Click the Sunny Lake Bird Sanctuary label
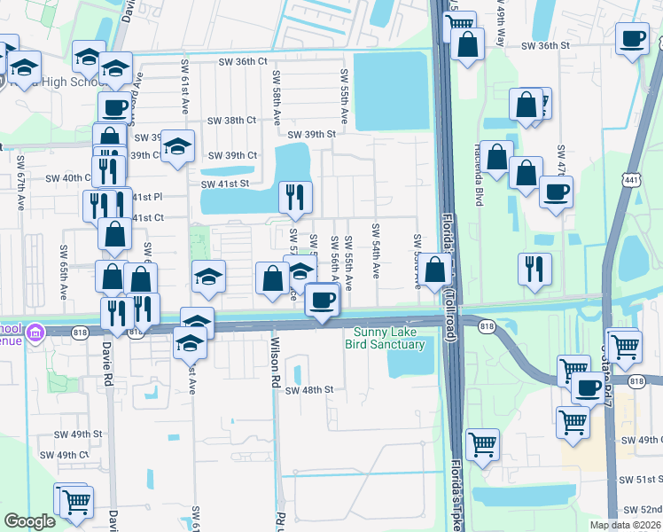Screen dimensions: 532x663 click(x=384, y=339)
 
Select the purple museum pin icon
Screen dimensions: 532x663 click(x=35, y=332)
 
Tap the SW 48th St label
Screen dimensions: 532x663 click(x=308, y=389)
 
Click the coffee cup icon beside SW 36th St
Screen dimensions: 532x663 click(x=632, y=40)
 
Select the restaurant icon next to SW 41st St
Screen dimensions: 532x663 click(x=294, y=196)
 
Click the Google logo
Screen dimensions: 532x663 click(x=29, y=521)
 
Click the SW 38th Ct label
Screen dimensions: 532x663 click(x=231, y=120)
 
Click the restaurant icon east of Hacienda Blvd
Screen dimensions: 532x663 click(x=534, y=267)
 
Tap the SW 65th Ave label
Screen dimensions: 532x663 click(x=65, y=270)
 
